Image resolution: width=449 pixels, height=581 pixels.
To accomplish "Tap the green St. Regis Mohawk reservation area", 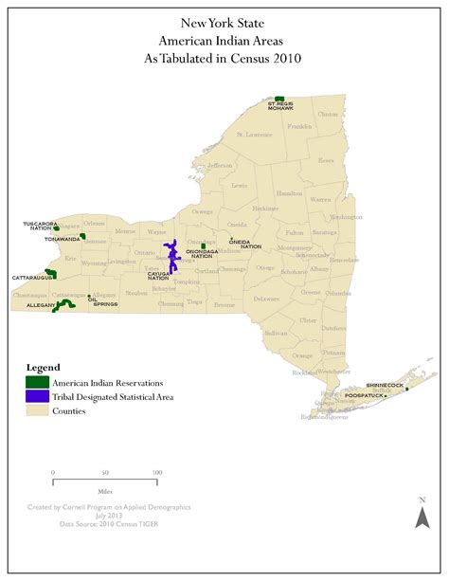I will (279, 98).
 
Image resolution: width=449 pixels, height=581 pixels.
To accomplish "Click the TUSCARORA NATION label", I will (38, 226).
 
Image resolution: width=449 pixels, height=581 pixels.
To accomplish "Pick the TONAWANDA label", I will (43, 239).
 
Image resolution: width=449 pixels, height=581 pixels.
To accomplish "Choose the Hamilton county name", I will (289, 192).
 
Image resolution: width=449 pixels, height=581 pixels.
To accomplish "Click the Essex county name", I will (326, 160).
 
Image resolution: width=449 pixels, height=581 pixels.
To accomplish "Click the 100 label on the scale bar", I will (155, 471).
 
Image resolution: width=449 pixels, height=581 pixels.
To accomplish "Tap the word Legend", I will (43, 366).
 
